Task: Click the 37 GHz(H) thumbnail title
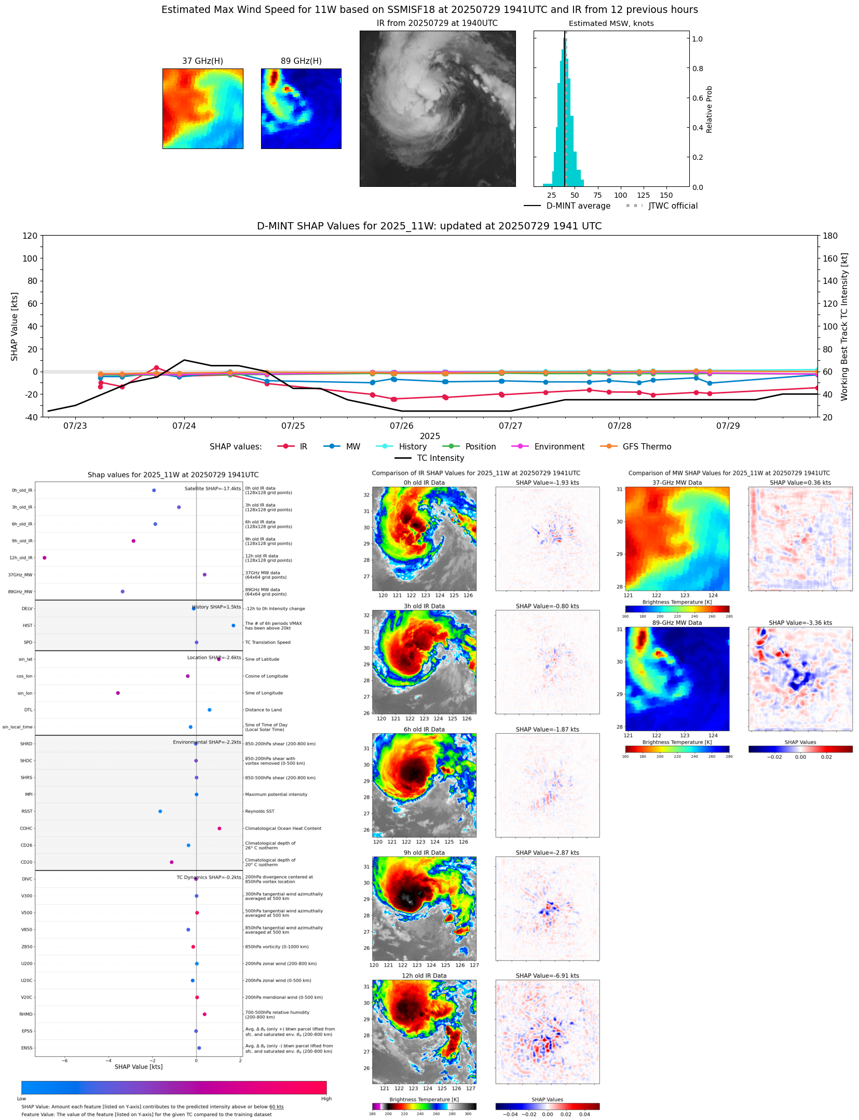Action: point(202,61)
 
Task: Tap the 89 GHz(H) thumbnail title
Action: point(301,61)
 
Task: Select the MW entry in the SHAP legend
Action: point(352,446)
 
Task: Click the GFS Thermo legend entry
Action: point(647,446)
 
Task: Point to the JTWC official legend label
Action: point(673,206)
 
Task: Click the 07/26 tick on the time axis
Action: point(401,426)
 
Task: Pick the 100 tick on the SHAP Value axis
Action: point(30,258)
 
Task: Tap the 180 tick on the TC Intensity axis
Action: point(830,236)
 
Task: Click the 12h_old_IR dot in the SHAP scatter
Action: point(45,557)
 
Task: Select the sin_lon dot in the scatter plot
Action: point(118,693)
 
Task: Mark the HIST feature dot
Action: point(234,625)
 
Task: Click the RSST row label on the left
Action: point(26,811)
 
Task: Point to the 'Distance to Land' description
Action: point(263,710)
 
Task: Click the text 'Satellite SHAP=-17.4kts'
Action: point(212,488)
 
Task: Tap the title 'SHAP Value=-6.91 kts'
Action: point(547,976)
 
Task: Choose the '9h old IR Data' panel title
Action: point(424,853)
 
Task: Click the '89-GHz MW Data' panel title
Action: point(677,623)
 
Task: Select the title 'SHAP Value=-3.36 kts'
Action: point(800,623)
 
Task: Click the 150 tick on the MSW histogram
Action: point(666,195)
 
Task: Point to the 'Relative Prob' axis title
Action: point(709,109)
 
